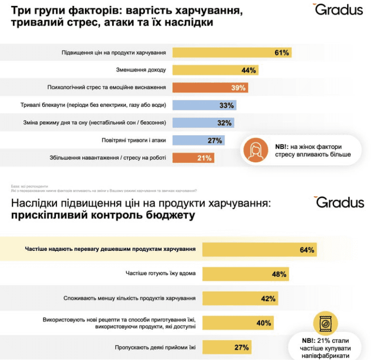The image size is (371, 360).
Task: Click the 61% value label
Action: click(x=282, y=53)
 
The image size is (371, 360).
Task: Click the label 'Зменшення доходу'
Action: click(x=141, y=70)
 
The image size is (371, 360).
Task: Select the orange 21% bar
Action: click(x=193, y=158)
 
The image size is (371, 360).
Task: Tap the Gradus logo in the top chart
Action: click(x=338, y=9)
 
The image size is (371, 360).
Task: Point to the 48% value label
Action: click(x=279, y=274)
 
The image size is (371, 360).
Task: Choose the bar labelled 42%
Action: click(x=240, y=298)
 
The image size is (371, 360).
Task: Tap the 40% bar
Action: click(x=238, y=323)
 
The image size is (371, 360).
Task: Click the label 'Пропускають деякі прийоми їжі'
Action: click(x=155, y=347)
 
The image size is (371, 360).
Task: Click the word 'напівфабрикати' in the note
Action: click(x=327, y=356)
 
